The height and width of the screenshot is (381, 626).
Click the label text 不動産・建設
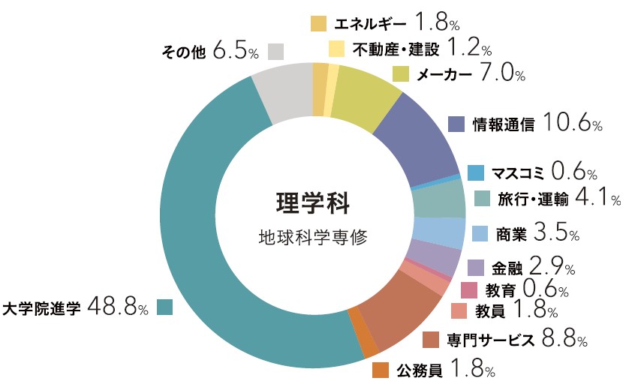tap(392, 49)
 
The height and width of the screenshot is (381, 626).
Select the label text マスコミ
tap(518, 173)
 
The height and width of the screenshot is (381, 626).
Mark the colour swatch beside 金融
tap(476, 268)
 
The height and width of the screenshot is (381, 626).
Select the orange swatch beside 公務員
tap(381, 369)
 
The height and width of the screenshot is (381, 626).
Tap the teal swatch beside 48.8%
tap(164, 307)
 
